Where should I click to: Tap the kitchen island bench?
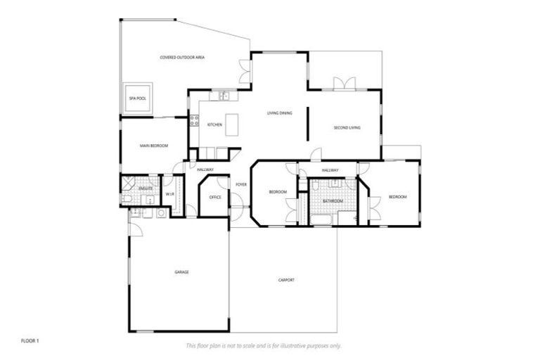pos(231,124)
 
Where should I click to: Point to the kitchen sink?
pos(223,96)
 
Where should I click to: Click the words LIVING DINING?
pos(279,112)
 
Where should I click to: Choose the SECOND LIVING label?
pos(346,128)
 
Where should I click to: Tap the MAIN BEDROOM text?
pos(153,146)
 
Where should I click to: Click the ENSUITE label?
pos(146,189)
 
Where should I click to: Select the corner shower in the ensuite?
pos(128,184)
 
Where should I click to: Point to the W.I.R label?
pos(169,194)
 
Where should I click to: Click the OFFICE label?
pos(215,197)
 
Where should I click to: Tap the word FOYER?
pos(240,185)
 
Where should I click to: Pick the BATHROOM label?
pos(333,201)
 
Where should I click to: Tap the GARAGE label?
pos(182,271)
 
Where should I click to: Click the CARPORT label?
pos(285,280)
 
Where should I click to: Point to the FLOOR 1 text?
pos(30,340)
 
